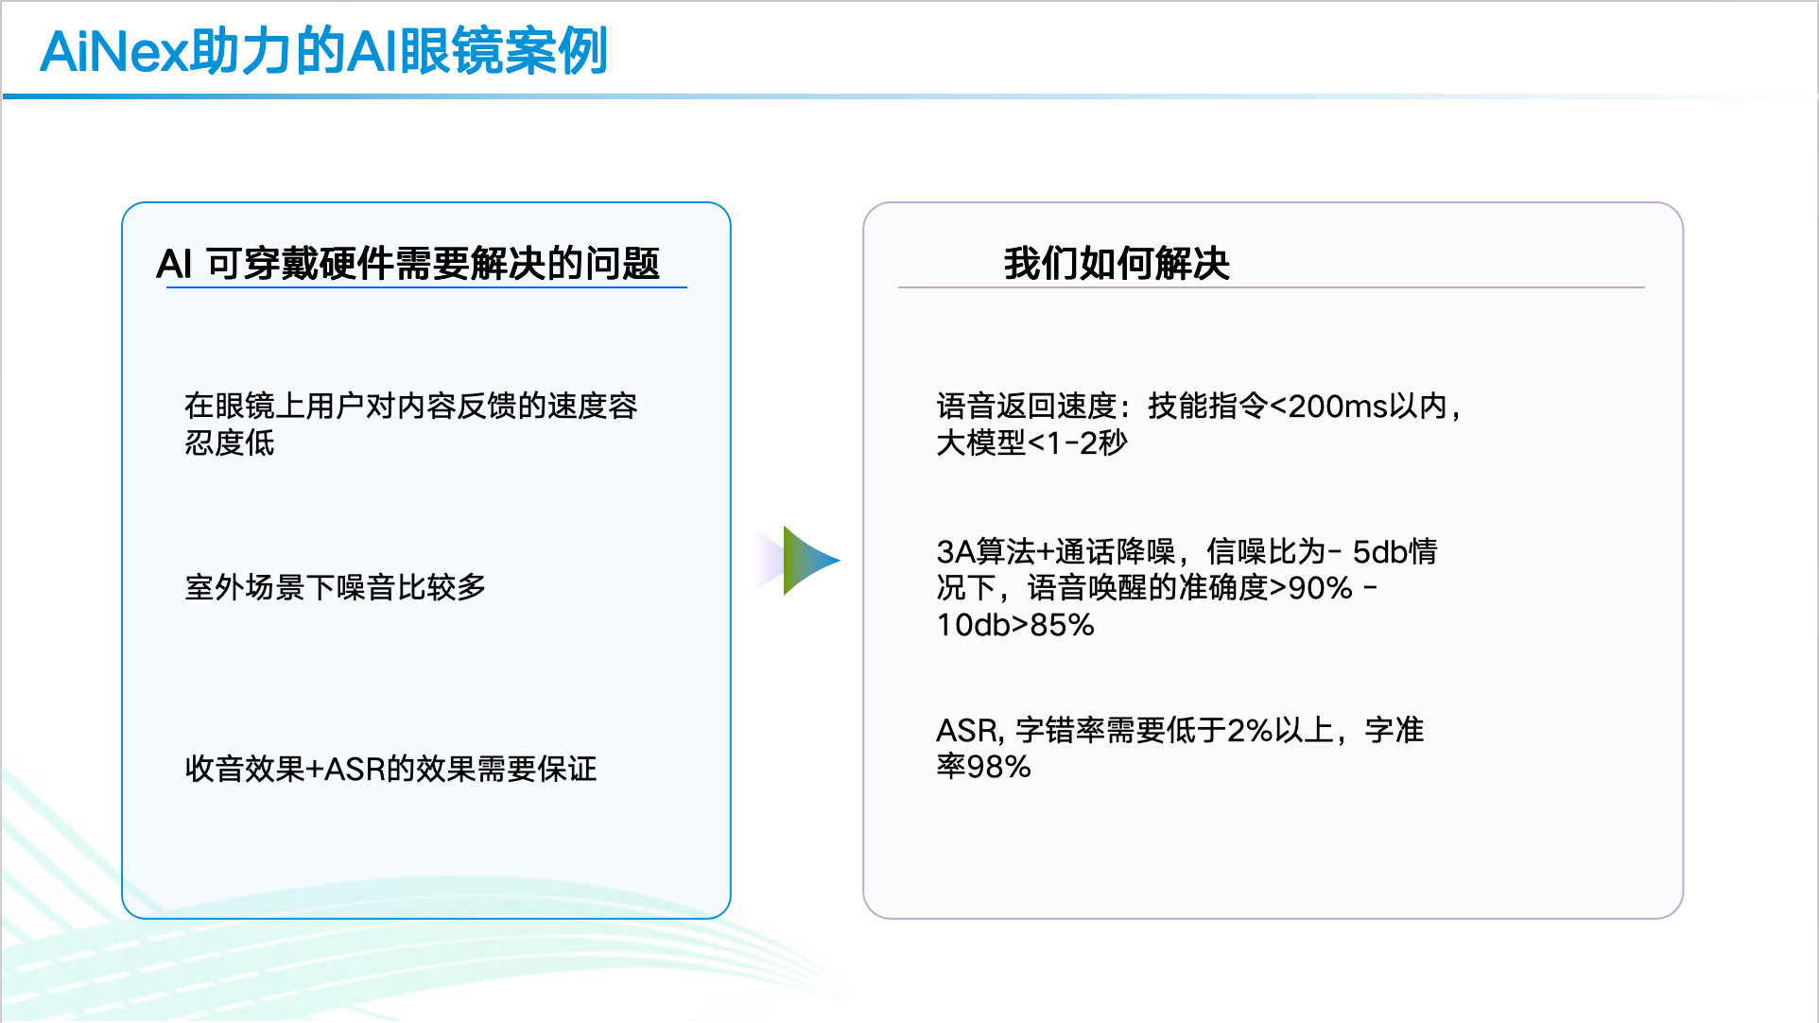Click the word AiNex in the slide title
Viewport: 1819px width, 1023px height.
coord(113,51)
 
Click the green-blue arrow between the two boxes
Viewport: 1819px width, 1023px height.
coord(811,561)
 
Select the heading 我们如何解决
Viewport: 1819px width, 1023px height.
coord(1117,263)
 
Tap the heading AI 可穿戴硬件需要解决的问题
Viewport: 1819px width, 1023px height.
coord(408,263)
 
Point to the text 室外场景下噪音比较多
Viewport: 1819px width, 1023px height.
coord(336,587)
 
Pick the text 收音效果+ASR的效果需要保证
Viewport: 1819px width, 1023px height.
coord(390,769)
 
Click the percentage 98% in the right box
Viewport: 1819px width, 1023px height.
coord(998,766)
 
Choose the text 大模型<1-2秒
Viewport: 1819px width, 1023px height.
coord(1032,442)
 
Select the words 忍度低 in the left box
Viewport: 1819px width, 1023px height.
coord(230,442)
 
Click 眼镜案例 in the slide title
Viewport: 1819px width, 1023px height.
coord(503,51)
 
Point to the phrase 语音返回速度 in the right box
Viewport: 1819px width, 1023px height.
coord(1027,406)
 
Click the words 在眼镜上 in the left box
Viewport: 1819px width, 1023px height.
coord(245,406)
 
